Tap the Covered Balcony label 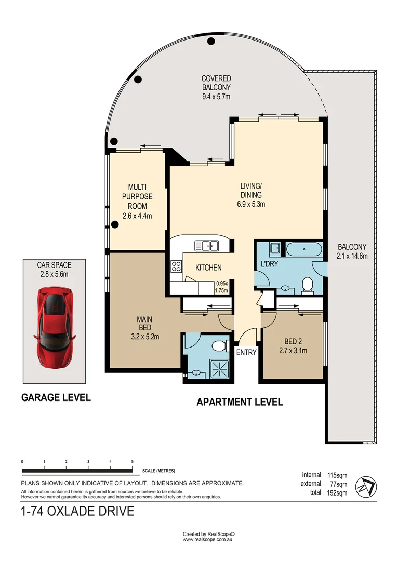coord(216,87)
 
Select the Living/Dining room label coord(252,195)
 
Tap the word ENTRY coord(246,352)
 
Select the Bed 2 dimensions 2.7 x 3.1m coord(293,350)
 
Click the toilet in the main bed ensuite coord(221,344)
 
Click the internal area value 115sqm coord(338,475)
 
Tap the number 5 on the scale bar coord(133,461)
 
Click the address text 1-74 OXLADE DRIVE coord(77,511)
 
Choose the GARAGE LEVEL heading coord(56,397)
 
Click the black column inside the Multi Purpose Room coord(114,225)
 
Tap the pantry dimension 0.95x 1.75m coord(222,288)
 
